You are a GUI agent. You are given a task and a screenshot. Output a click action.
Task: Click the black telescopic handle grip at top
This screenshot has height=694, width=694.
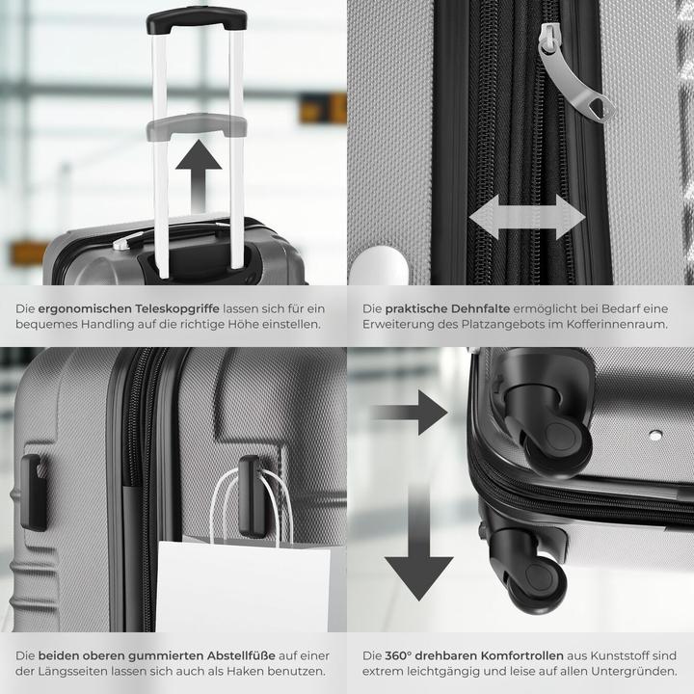coord(196,18)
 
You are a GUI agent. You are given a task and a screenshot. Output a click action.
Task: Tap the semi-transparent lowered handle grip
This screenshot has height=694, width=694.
coord(196,126)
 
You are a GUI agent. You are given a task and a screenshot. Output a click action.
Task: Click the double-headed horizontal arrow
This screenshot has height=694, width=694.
coord(526,217)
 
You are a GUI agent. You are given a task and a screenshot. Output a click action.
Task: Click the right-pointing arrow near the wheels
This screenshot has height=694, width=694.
coord(410,413)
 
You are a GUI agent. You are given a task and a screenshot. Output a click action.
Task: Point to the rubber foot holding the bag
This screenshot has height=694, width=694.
coord(253,496)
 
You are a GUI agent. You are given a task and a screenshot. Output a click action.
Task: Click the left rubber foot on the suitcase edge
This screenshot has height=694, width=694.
coord(34,492)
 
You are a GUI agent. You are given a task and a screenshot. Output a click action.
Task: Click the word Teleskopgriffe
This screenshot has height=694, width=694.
coord(177,307)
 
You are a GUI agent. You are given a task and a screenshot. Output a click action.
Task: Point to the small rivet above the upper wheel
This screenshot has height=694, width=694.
coord(655,435)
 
